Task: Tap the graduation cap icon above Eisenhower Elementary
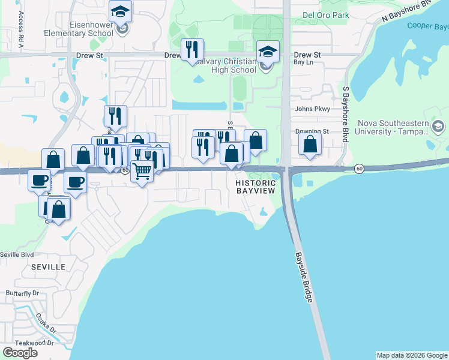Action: [x=121, y=11]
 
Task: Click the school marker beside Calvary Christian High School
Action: [x=268, y=52]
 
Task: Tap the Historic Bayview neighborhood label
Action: [x=255, y=187]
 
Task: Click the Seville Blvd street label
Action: [x=17, y=254]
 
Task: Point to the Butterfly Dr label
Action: [x=22, y=293]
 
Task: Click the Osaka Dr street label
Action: [x=45, y=323]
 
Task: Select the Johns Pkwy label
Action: [x=312, y=109]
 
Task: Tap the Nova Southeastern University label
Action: [x=393, y=127]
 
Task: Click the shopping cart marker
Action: [x=142, y=171]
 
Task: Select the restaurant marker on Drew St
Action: [x=193, y=49]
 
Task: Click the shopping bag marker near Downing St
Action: [x=310, y=144]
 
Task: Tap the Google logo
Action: [x=20, y=352]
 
